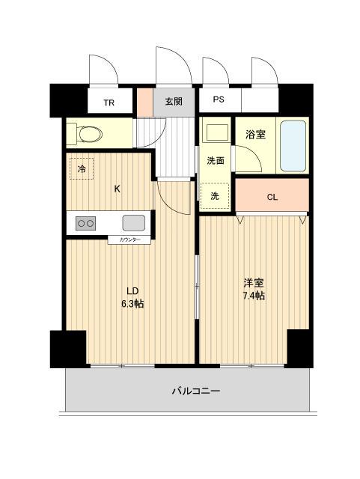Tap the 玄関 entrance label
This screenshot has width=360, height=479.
pyautogui.click(x=174, y=101)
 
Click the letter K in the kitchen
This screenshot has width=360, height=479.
pyautogui.click(x=117, y=189)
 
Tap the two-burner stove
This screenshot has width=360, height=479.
pyautogui.click(x=85, y=222)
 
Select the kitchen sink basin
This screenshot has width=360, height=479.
pyautogui.click(x=134, y=222)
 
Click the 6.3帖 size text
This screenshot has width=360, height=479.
pyautogui.click(x=132, y=304)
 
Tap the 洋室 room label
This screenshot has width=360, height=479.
pyautogui.click(x=253, y=283)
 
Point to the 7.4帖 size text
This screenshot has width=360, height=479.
pyautogui.click(x=253, y=296)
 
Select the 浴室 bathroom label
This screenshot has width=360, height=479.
pyautogui.click(x=256, y=135)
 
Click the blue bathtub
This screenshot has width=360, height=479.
pyautogui.click(x=293, y=145)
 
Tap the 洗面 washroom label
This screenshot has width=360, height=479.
pyautogui.click(x=216, y=160)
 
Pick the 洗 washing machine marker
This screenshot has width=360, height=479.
pyautogui.click(x=215, y=196)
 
